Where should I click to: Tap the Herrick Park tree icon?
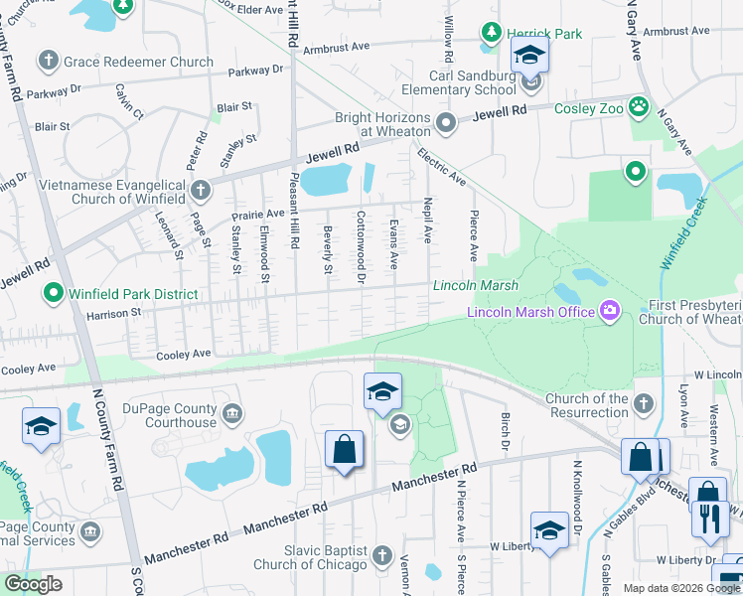tap(491, 34)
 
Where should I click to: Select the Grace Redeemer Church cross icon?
tap(47, 62)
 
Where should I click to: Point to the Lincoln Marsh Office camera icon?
tap(609, 312)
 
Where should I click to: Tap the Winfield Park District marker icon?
tap(52, 294)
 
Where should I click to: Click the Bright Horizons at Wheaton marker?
tap(446, 123)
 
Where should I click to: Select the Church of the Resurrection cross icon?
tap(644, 403)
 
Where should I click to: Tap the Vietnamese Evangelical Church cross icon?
tap(200, 189)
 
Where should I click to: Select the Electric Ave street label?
tap(442, 167)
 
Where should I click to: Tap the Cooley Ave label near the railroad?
tap(183, 354)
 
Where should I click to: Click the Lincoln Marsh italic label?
tap(475, 286)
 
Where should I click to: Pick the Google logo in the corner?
tap(33, 584)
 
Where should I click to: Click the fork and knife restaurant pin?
tap(710, 519)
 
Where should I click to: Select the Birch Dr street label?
tap(505, 428)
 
